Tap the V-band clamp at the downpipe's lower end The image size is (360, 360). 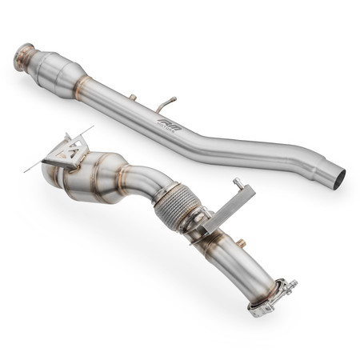pyautogui.click(x=272, y=295)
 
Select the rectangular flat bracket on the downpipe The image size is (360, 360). pyautogui.click(x=227, y=210)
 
